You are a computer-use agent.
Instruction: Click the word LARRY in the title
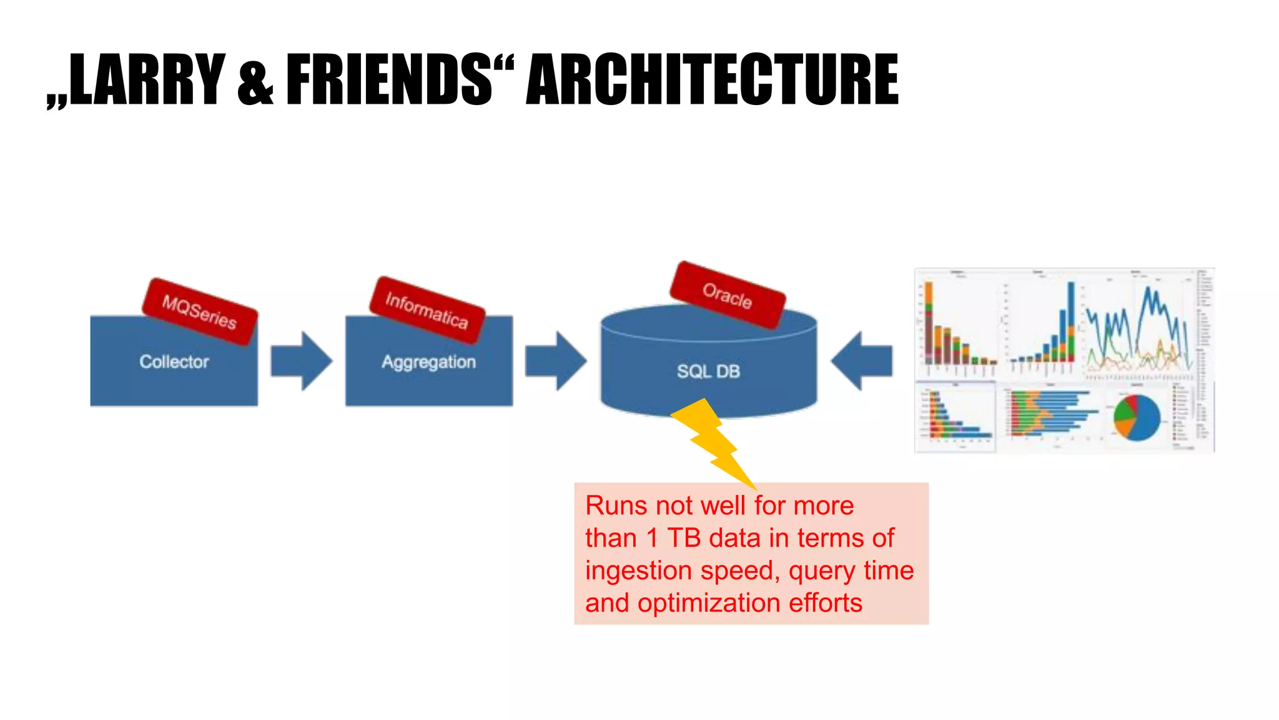point(147,80)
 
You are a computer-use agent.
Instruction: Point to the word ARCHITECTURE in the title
point(712,80)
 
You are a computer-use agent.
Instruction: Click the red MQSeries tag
point(199,311)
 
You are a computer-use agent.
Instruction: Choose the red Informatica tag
point(427,310)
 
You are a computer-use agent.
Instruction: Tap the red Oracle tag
point(727,295)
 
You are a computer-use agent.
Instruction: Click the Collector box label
point(174,361)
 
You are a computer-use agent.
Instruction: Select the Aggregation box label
point(429,362)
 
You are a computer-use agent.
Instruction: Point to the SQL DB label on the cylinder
point(708,371)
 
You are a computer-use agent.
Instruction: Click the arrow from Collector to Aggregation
point(302,361)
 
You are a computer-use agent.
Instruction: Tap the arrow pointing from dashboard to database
point(862,361)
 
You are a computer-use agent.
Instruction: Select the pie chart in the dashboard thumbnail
point(1137,417)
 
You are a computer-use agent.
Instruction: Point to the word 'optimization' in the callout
point(709,603)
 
